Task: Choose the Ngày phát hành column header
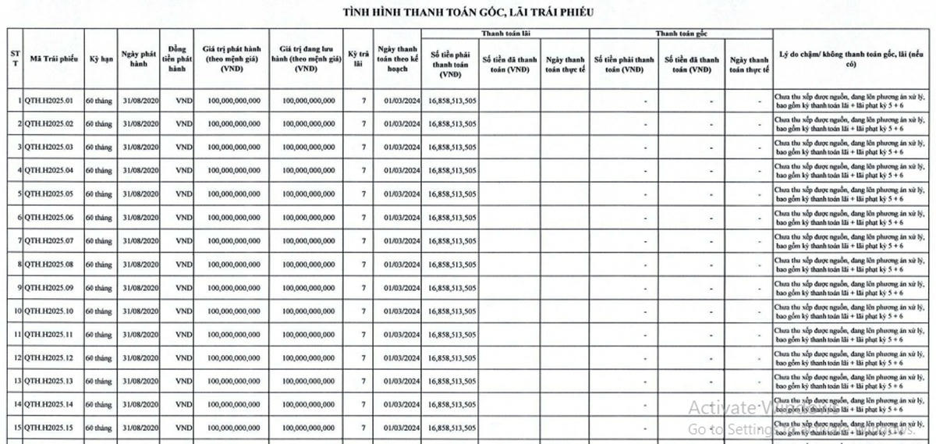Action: [x=140, y=59]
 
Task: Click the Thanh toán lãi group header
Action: [x=505, y=34]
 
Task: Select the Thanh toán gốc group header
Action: [x=680, y=34]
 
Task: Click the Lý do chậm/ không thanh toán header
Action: [x=854, y=59]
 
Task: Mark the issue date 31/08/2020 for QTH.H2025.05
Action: [x=140, y=194]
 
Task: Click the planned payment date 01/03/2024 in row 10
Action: [x=402, y=311]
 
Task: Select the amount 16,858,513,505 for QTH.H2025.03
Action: [x=452, y=147]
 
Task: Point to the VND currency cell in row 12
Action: [x=183, y=358]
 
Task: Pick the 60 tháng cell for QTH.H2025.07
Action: [x=99, y=241]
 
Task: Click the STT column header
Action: [x=15, y=59]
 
